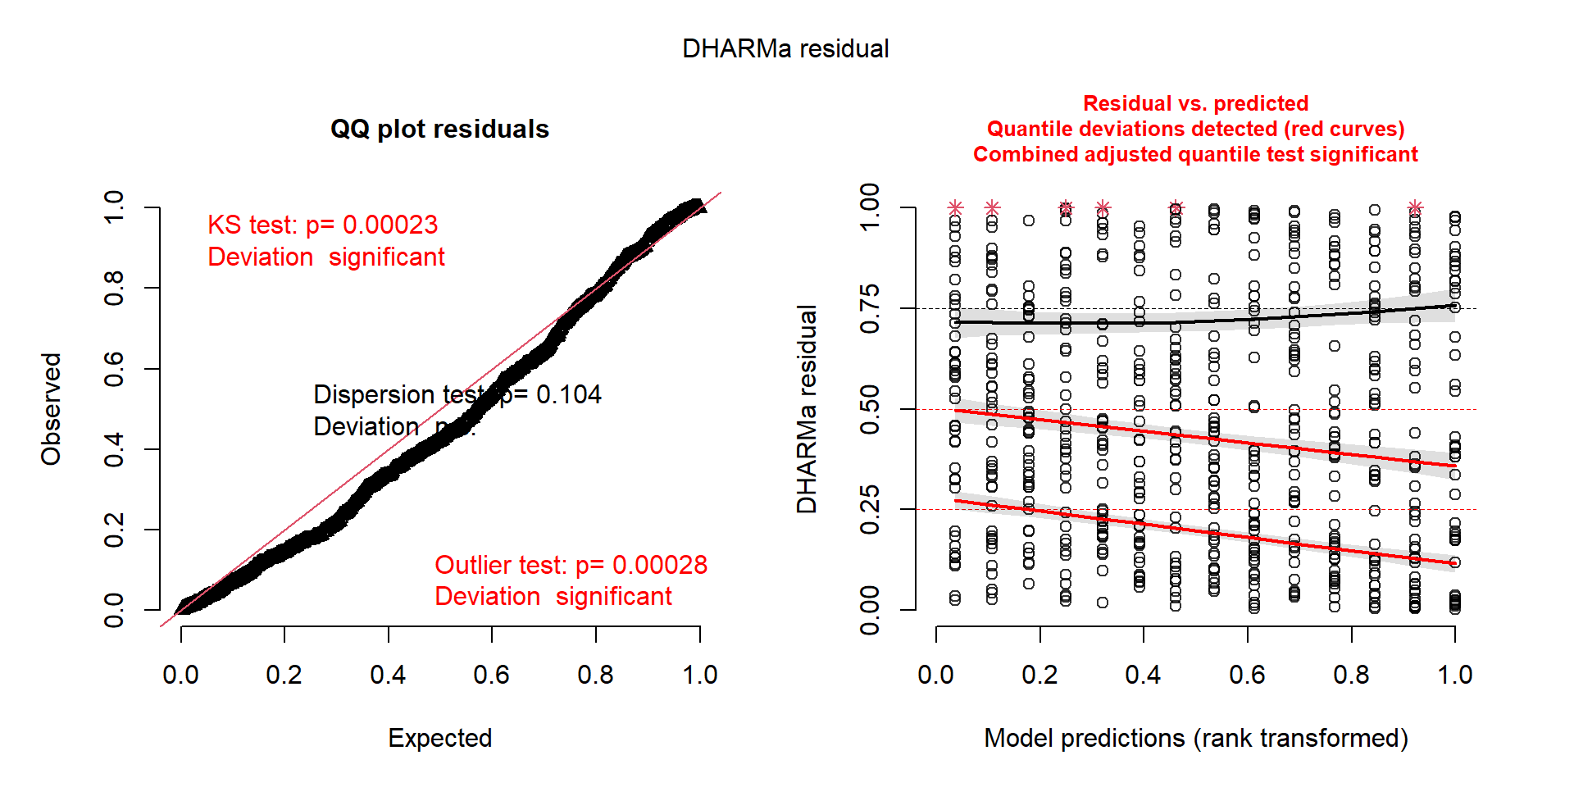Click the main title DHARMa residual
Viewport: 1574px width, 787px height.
click(x=785, y=49)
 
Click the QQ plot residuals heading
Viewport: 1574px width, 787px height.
click(x=439, y=130)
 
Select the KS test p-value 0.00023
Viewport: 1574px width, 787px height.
click(x=389, y=225)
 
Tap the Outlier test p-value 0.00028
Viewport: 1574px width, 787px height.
click(x=659, y=565)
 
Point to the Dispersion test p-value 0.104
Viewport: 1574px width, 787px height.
click(x=568, y=394)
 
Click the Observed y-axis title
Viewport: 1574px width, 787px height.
click(x=52, y=409)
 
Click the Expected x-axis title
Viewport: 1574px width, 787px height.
click(x=439, y=738)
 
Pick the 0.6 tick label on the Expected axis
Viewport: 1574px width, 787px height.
click(x=491, y=675)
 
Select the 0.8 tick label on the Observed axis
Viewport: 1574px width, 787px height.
click(x=114, y=288)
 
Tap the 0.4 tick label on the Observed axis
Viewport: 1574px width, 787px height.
click(x=114, y=449)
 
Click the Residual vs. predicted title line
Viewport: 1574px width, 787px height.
click(x=1195, y=103)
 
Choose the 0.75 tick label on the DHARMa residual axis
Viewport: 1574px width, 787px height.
click(x=870, y=308)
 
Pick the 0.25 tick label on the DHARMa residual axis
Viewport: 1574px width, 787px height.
click(x=870, y=509)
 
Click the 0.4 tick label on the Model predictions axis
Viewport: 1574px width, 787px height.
click(x=1143, y=675)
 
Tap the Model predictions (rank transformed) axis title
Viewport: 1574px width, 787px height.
click(x=1195, y=738)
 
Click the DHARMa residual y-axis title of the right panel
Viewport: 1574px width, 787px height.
click(x=807, y=409)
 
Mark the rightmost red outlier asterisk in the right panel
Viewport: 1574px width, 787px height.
click(x=1415, y=207)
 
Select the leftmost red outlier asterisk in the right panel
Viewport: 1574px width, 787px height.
click(x=955, y=207)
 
